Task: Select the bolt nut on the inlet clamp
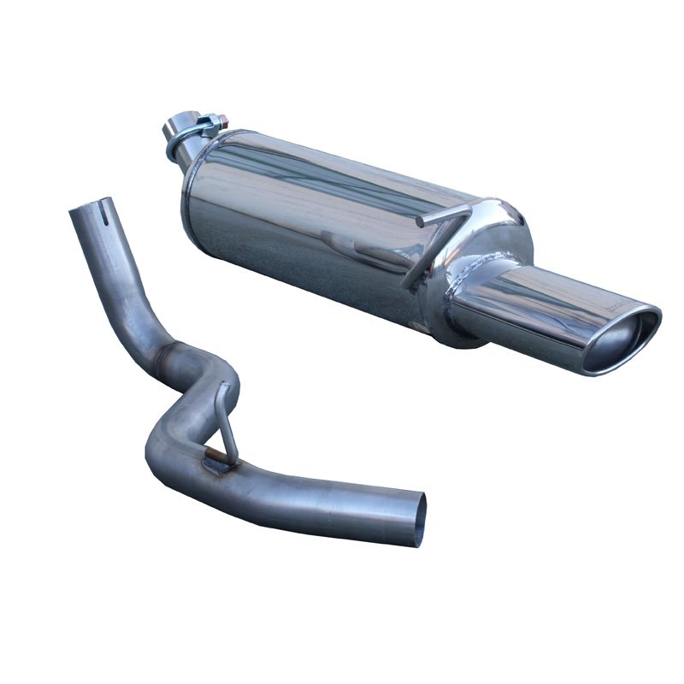pyautogui.click(x=221, y=121)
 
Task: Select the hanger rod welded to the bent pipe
pyautogui.click(x=225, y=419)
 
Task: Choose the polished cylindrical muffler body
pyautogui.click(x=316, y=222)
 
